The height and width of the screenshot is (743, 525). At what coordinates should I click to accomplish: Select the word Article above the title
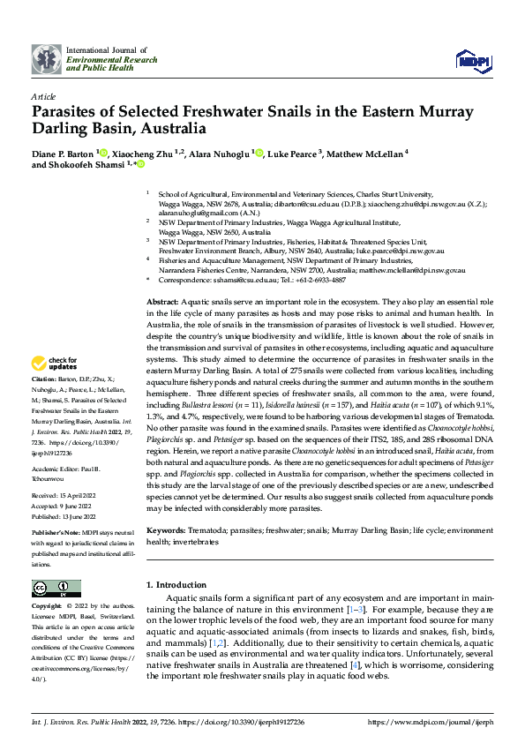43,96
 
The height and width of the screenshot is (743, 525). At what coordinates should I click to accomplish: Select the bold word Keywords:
167,530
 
